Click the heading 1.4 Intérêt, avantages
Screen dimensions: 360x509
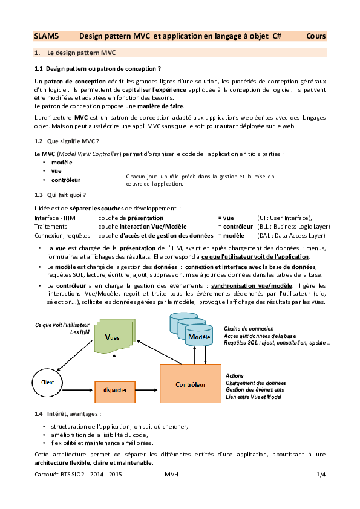coord(68,413)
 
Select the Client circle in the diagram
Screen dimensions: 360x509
coord(47,382)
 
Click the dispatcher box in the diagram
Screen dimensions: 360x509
coord(115,391)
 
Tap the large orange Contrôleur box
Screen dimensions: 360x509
coord(191,385)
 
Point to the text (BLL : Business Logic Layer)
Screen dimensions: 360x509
coord(293,226)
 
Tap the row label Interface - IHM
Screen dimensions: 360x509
coord(55,218)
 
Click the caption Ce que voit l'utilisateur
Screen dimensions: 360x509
coord(62,325)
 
